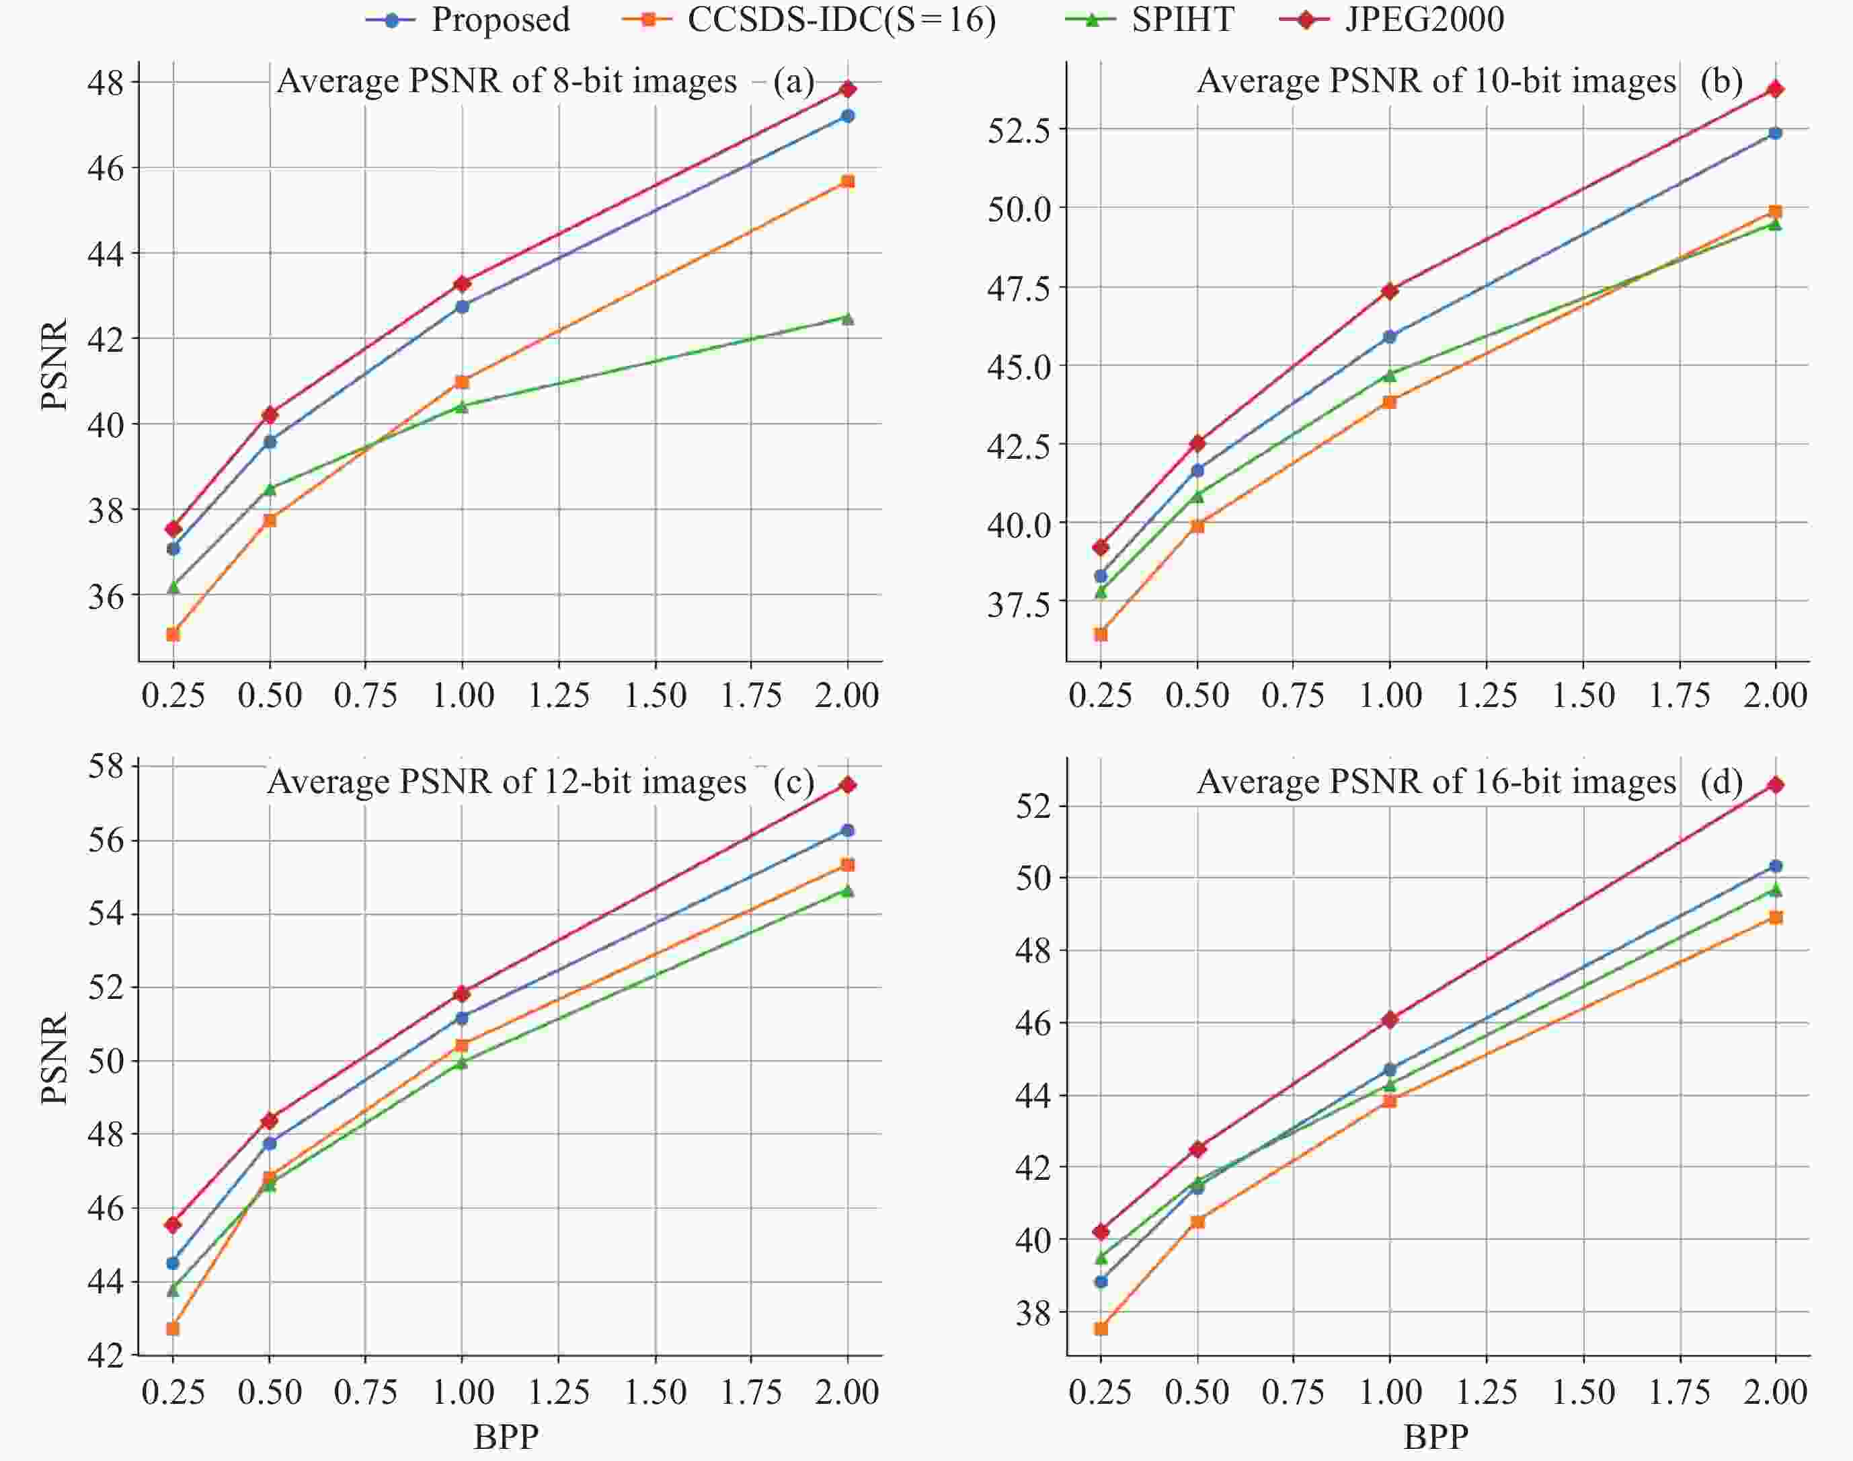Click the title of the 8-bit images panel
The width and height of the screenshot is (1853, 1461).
click(x=506, y=82)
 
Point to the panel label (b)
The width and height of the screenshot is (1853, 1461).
click(x=1721, y=81)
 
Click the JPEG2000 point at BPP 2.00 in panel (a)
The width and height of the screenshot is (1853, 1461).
click(x=847, y=89)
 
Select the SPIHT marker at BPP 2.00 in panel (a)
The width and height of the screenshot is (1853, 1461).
click(x=847, y=318)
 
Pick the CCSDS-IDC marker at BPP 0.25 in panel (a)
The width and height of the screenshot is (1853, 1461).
click(x=173, y=634)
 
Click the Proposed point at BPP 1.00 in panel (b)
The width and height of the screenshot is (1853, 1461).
click(x=1390, y=337)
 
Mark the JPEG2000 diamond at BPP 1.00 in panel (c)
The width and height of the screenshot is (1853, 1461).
click(x=463, y=993)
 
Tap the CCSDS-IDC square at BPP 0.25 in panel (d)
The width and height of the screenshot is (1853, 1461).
click(x=1101, y=1328)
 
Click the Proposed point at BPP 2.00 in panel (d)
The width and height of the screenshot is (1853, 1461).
click(x=1775, y=866)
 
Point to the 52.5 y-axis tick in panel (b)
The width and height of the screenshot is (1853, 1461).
click(x=1022, y=130)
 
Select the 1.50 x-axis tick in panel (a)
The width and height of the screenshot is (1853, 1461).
click(x=655, y=696)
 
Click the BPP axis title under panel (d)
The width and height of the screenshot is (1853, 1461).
click(x=1437, y=1437)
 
